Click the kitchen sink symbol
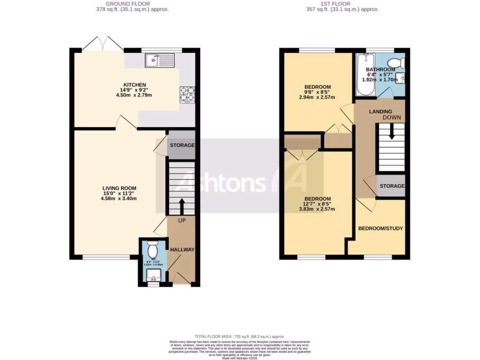[159, 60]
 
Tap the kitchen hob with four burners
[187, 95]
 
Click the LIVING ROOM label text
[120, 188]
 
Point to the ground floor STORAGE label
[182, 145]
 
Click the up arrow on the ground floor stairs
[181, 205]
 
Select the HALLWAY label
[182, 250]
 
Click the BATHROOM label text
[381, 70]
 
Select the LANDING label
[380, 112]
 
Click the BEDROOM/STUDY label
[381, 228]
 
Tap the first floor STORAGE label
[392, 186]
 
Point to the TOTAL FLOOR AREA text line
[240, 337]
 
